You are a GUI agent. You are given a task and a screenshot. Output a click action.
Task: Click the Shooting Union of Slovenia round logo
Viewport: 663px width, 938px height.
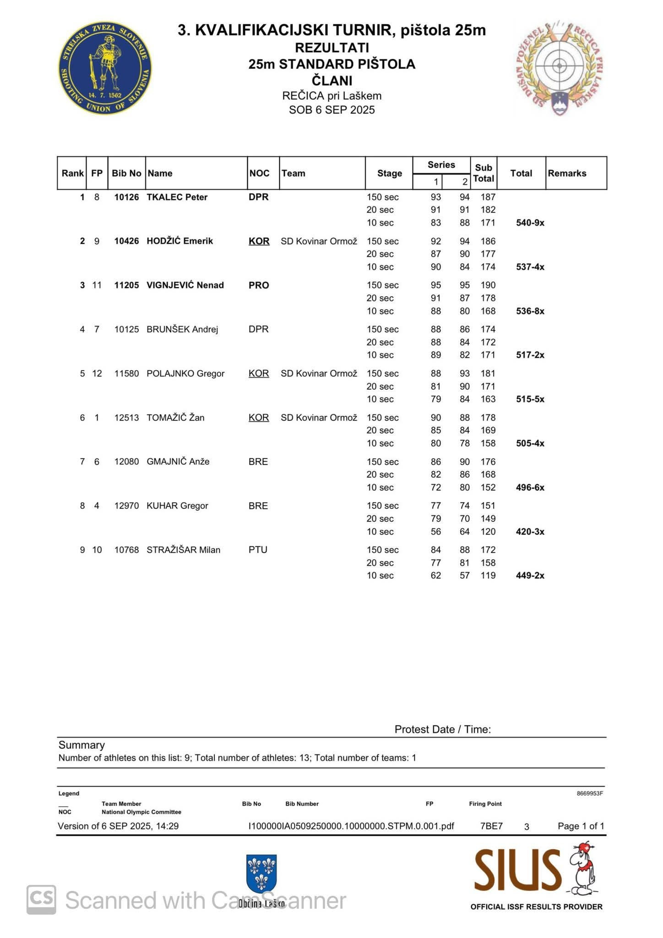tap(105, 68)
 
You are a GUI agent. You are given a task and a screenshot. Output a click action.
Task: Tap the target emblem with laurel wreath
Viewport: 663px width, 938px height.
tap(559, 67)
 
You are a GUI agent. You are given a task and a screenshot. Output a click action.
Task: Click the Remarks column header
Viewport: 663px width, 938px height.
tap(567, 173)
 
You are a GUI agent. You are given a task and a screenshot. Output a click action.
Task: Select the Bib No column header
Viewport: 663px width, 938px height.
tap(126, 173)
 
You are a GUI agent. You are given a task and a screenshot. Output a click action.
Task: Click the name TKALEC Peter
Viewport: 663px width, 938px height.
tap(177, 197)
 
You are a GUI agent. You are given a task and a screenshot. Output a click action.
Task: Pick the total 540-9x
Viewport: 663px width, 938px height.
tap(530, 223)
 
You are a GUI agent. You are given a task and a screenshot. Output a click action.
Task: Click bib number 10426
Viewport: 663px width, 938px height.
tap(126, 241)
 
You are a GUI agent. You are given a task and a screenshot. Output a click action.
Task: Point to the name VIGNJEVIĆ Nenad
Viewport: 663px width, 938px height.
tap(185, 285)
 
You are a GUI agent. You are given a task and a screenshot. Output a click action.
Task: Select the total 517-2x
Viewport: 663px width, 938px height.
tap(530, 355)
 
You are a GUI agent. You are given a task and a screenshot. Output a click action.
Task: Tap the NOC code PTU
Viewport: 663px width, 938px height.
tap(258, 550)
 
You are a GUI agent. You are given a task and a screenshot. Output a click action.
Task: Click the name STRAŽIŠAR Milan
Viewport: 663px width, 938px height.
tap(183, 550)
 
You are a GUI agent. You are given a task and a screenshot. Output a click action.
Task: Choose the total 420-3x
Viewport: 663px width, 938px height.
tap(530, 532)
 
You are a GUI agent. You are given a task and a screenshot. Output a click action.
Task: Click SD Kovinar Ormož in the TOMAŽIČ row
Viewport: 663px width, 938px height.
tap(319, 417)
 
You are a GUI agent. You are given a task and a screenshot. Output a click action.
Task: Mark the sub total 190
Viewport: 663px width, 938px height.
tap(488, 285)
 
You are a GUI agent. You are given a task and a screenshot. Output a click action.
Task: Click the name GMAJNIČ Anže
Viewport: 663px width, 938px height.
tap(178, 462)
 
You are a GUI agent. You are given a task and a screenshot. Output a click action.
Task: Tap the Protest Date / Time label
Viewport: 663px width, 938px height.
tap(442, 729)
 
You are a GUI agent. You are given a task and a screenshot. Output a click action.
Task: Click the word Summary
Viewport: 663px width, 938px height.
tap(82, 745)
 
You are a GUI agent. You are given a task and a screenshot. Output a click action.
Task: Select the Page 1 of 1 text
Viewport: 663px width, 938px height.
tap(581, 826)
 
